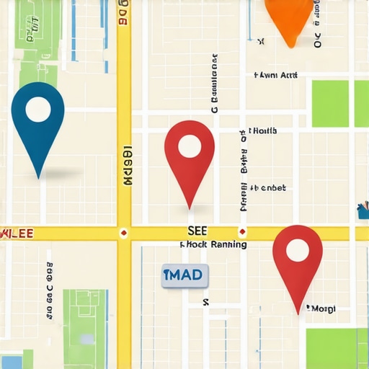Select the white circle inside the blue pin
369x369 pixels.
coord(38,110)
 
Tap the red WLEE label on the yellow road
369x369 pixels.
coord(16,234)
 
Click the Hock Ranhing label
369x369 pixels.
coord(213,245)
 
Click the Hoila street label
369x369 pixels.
coord(262,131)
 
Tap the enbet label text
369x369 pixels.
coord(268,188)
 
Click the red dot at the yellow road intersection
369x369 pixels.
coord(124,233)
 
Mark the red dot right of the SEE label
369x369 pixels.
coord(243,232)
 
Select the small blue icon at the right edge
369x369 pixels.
coord(363,211)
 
